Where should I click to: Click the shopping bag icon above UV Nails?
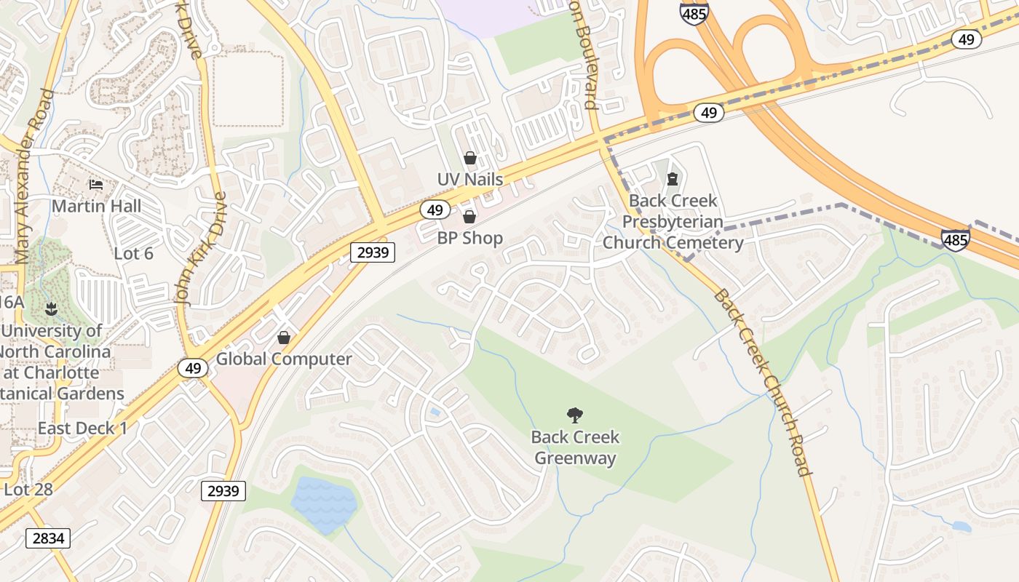470,157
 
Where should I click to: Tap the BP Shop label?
469,238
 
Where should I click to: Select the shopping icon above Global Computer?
284,338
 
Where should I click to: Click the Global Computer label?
284,359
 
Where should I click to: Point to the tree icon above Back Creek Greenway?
575,415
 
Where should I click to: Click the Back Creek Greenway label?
575,447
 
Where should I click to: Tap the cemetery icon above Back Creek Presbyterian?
673,179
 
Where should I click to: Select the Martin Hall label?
96,206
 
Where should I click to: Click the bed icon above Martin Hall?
95,185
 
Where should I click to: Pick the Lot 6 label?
134,253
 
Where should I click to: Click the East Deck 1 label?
82,428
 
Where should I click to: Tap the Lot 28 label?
28,489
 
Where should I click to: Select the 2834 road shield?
49,538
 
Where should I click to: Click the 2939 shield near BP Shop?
373,252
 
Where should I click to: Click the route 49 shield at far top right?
966,39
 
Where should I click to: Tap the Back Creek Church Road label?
761,382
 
